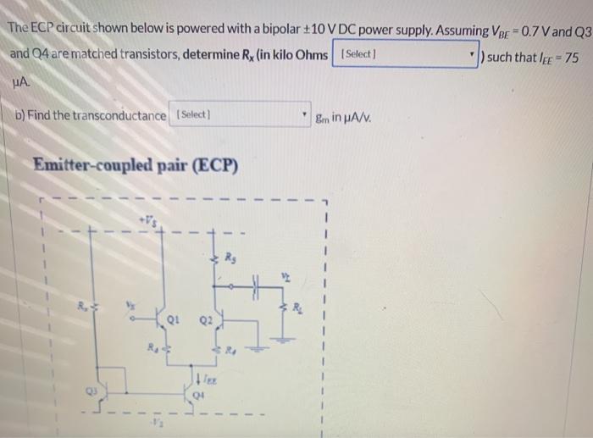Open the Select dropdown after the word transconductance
coord(241,115)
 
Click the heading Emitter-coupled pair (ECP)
coord(135,164)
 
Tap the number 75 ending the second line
coord(574,55)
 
